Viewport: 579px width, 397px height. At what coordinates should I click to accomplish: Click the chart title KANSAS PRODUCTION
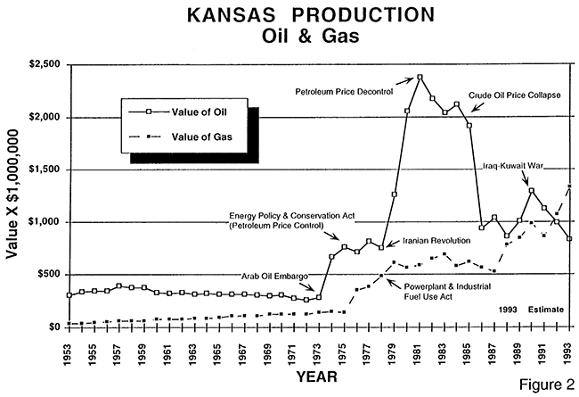pos(289,17)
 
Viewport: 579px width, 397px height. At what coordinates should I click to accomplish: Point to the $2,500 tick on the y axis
pos(40,65)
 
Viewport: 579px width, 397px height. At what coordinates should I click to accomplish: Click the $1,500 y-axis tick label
pos(40,170)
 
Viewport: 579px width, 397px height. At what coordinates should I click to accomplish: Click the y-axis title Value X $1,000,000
pos(13,194)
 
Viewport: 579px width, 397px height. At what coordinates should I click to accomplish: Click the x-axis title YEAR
pos(316,377)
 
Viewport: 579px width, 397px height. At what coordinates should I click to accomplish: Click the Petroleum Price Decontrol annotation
pos(342,90)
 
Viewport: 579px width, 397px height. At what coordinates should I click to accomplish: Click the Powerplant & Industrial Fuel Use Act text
pos(443,291)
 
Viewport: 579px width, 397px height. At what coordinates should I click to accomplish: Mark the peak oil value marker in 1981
pos(420,78)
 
